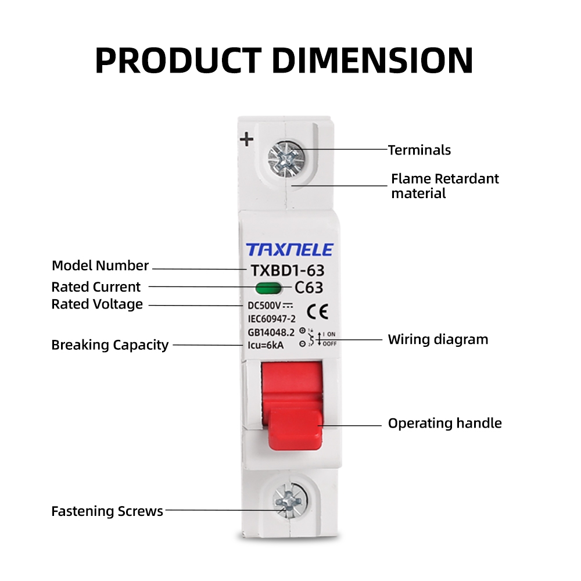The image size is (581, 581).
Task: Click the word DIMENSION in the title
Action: pos(372,60)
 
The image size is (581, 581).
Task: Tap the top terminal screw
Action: pos(286,155)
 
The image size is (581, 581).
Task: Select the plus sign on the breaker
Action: pos(248,139)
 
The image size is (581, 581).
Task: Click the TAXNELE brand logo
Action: pos(290,250)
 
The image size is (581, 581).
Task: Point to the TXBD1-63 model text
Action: pos(286,270)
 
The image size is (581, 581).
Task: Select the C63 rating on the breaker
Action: pos(309,288)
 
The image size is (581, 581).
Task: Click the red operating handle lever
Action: pos(296,430)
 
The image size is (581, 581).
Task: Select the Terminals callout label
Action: pos(419,150)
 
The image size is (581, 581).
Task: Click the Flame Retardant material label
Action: pos(444,186)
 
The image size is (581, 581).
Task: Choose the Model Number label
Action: pos(100,266)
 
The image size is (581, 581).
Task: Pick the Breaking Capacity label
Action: pos(110,345)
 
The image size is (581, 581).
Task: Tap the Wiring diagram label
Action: pos(438,339)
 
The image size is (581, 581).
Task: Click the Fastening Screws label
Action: pos(107,511)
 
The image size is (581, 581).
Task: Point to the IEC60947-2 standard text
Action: pos(268,319)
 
